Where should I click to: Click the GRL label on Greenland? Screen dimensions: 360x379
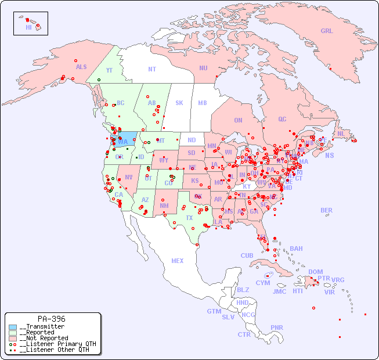point(327,31)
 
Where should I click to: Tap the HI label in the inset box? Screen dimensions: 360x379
point(28,27)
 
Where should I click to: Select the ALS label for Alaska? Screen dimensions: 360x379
point(81,67)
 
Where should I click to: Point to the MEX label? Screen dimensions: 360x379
point(178,261)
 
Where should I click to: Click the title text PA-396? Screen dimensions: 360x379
point(51,319)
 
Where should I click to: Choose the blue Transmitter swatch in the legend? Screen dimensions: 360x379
point(13,327)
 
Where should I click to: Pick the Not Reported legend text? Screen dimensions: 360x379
point(44,338)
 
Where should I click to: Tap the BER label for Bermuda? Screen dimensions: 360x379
point(326,210)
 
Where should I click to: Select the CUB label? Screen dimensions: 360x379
point(247,255)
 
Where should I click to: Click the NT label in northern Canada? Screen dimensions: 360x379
point(152,69)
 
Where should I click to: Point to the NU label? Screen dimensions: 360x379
point(203,68)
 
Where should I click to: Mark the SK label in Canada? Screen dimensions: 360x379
point(179,103)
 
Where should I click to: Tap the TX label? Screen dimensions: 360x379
point(189,218)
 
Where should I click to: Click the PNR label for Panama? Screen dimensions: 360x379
point(277,327)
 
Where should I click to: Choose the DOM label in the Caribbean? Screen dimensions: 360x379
point(315,272)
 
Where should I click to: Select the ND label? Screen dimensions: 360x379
point(192,140)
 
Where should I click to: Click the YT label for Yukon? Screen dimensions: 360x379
point(109,70)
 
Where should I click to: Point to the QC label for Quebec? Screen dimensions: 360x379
point(282,119)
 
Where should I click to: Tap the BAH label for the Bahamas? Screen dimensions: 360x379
point(296,249)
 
